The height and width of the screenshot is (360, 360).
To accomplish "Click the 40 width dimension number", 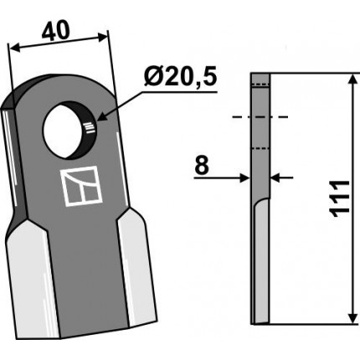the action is [55, 31].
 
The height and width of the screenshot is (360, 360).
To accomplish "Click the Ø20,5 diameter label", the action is [181, 77].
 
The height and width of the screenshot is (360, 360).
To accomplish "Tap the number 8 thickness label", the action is [202, 165].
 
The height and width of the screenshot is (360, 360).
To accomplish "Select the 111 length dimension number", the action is [340, 198].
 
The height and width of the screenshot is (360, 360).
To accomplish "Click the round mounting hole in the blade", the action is [69, 130].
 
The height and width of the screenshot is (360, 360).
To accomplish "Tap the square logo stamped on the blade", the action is [82, 186].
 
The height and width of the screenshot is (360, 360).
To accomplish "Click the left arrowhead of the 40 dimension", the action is [16, 48].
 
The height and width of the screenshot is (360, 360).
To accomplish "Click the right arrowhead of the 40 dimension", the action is [101, 37].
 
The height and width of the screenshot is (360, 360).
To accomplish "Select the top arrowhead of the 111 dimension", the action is [353, 80].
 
